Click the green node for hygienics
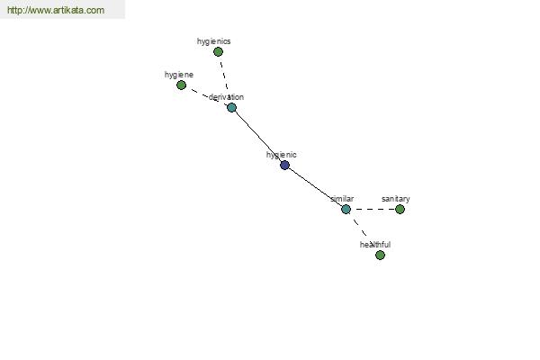tap(218, 51)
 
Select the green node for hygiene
tap(181, 85)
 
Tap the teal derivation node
tap(232, 107)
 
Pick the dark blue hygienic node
tap(284, 165)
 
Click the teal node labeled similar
tap(346, 209)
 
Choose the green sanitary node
tap(400, 209)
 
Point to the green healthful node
tap(380, 255)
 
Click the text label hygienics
tap(214, 41)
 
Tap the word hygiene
tap(179, 75)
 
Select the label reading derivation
tap(226, 97)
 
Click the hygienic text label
tap(282, 155)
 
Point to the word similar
tap(342, 199)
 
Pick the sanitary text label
tap(396, 199)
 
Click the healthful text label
tap(375, 245)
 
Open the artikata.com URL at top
tap(56, 10)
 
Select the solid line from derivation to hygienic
tap(258, 137)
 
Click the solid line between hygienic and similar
tap(316, 187)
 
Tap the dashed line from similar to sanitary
tap(373, 209)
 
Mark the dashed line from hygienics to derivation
tap(224, 76)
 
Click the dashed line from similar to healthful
tap(358, 225)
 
